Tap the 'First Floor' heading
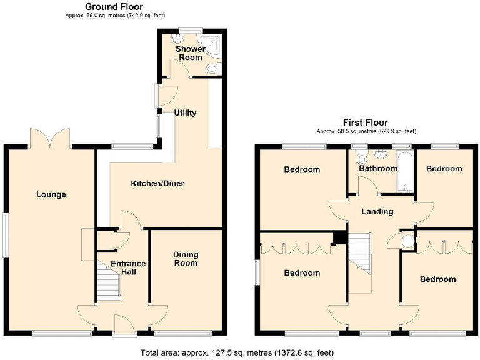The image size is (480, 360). tap(365, 122)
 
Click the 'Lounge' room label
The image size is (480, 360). tap(51, 194)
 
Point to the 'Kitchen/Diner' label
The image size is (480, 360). tap(157, 184)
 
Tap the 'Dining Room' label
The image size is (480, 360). tap(186, 259)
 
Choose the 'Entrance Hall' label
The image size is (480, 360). tap(128, 267)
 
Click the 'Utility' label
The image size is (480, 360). tap(185, 113)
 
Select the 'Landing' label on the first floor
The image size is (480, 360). tap(377, 211)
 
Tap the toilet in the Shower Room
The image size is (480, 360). tap(212, 68)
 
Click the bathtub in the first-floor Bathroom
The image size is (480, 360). tap(404, 171)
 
